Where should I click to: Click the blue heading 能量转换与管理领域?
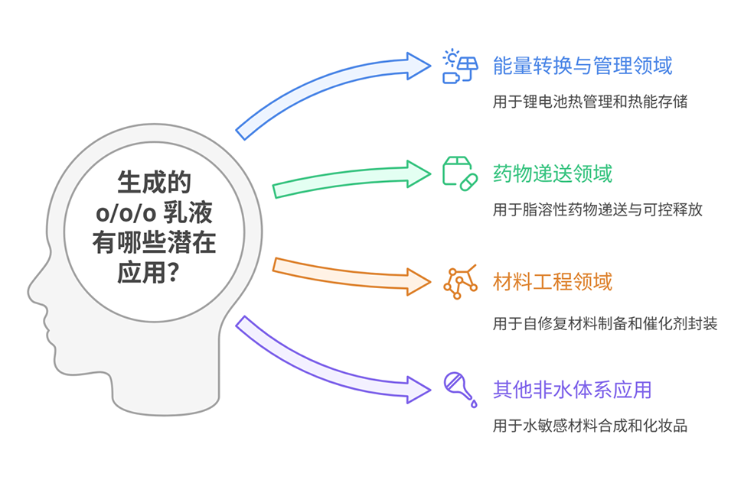point(583,66)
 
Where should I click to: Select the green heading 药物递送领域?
point(552,174)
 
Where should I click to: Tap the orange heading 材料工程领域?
point(552,282)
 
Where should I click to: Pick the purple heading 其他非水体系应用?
point(572,390)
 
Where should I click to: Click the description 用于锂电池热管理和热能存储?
point(589,102)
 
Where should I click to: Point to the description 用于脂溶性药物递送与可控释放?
point(598,210)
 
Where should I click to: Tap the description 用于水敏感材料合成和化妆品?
point(589,426)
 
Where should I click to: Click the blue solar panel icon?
point(460,66)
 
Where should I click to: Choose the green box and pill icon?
point(460,173)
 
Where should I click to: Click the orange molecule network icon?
point(460,282)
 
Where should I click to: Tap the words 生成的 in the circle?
point(154,184)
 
